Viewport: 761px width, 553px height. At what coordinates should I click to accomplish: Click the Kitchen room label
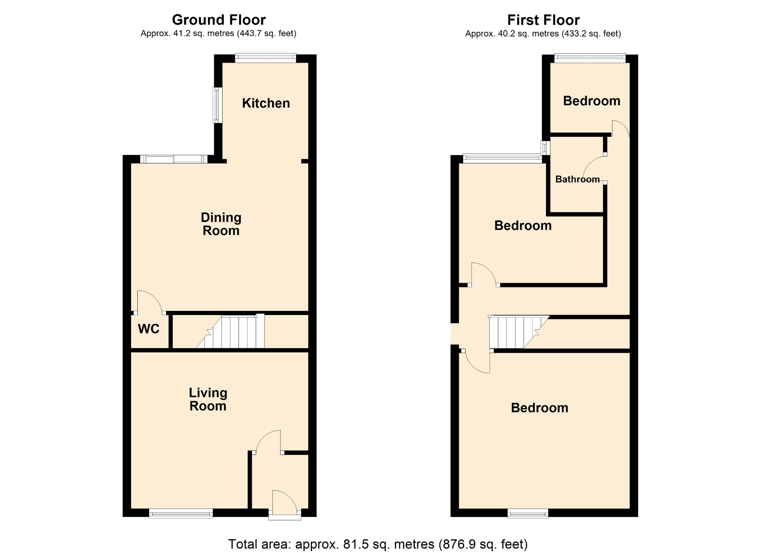coord(266,103)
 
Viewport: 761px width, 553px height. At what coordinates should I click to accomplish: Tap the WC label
coord(148,329)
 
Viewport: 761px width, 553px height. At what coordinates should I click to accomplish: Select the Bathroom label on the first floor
coord(577,179)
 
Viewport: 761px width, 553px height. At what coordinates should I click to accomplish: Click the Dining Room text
coord(221,224)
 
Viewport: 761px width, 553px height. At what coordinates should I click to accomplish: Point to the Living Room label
coord(208,399)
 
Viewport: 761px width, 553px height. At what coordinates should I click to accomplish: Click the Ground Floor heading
coord(219,20)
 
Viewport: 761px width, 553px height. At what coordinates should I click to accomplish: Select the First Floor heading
coord(543,20)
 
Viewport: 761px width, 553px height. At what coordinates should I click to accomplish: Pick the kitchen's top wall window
coord(265,58)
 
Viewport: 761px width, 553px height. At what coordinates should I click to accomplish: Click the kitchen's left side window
coord(217,105)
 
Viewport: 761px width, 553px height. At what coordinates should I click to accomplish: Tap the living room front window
coord(181,514)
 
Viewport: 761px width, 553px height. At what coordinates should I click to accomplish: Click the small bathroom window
coord(546,147)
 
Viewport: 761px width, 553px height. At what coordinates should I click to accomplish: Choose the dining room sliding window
coord(174,159)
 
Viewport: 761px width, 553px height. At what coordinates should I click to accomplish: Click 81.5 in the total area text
coord(356,544)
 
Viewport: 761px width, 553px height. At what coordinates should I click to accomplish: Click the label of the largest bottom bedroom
coord(539,408)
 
